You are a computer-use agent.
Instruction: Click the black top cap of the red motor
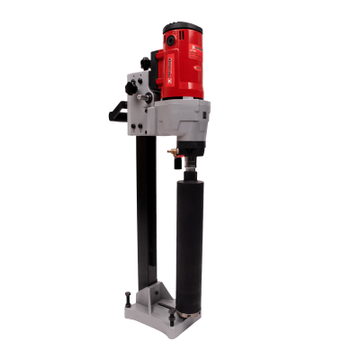[185, 27]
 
